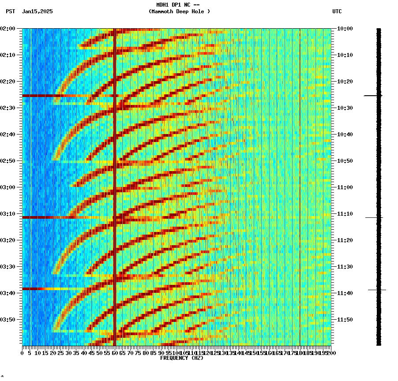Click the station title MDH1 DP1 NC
179,5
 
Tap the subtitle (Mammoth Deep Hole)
179,11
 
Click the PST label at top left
11,11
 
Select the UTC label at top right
337,11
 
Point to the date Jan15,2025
37,11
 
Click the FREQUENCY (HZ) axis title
181,358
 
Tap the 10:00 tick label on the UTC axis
345,29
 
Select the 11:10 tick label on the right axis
345,214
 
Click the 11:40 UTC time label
345,293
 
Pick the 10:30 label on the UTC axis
345,108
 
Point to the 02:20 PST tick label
9,82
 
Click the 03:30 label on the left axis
9,267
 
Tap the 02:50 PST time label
9,161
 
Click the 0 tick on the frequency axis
23,353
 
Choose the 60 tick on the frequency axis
115,353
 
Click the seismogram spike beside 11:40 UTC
377,290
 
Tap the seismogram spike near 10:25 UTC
373,96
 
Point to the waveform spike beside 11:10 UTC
374,217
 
